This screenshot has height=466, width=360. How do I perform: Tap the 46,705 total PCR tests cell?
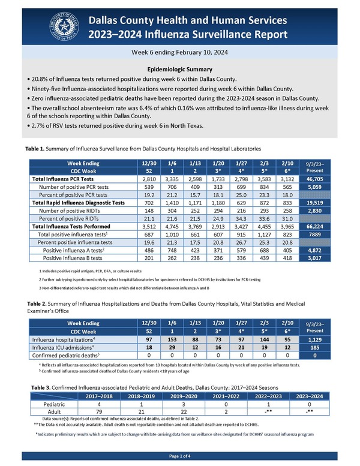click(x=333, y=179)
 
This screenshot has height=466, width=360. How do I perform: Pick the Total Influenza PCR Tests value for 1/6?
click(x=172, y=179)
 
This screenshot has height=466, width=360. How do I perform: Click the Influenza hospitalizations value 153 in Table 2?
click(x=172, y=340)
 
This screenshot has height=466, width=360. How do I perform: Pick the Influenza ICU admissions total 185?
click(x=333, y=348)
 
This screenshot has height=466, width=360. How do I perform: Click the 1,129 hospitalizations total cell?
click(x=333, y=340)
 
